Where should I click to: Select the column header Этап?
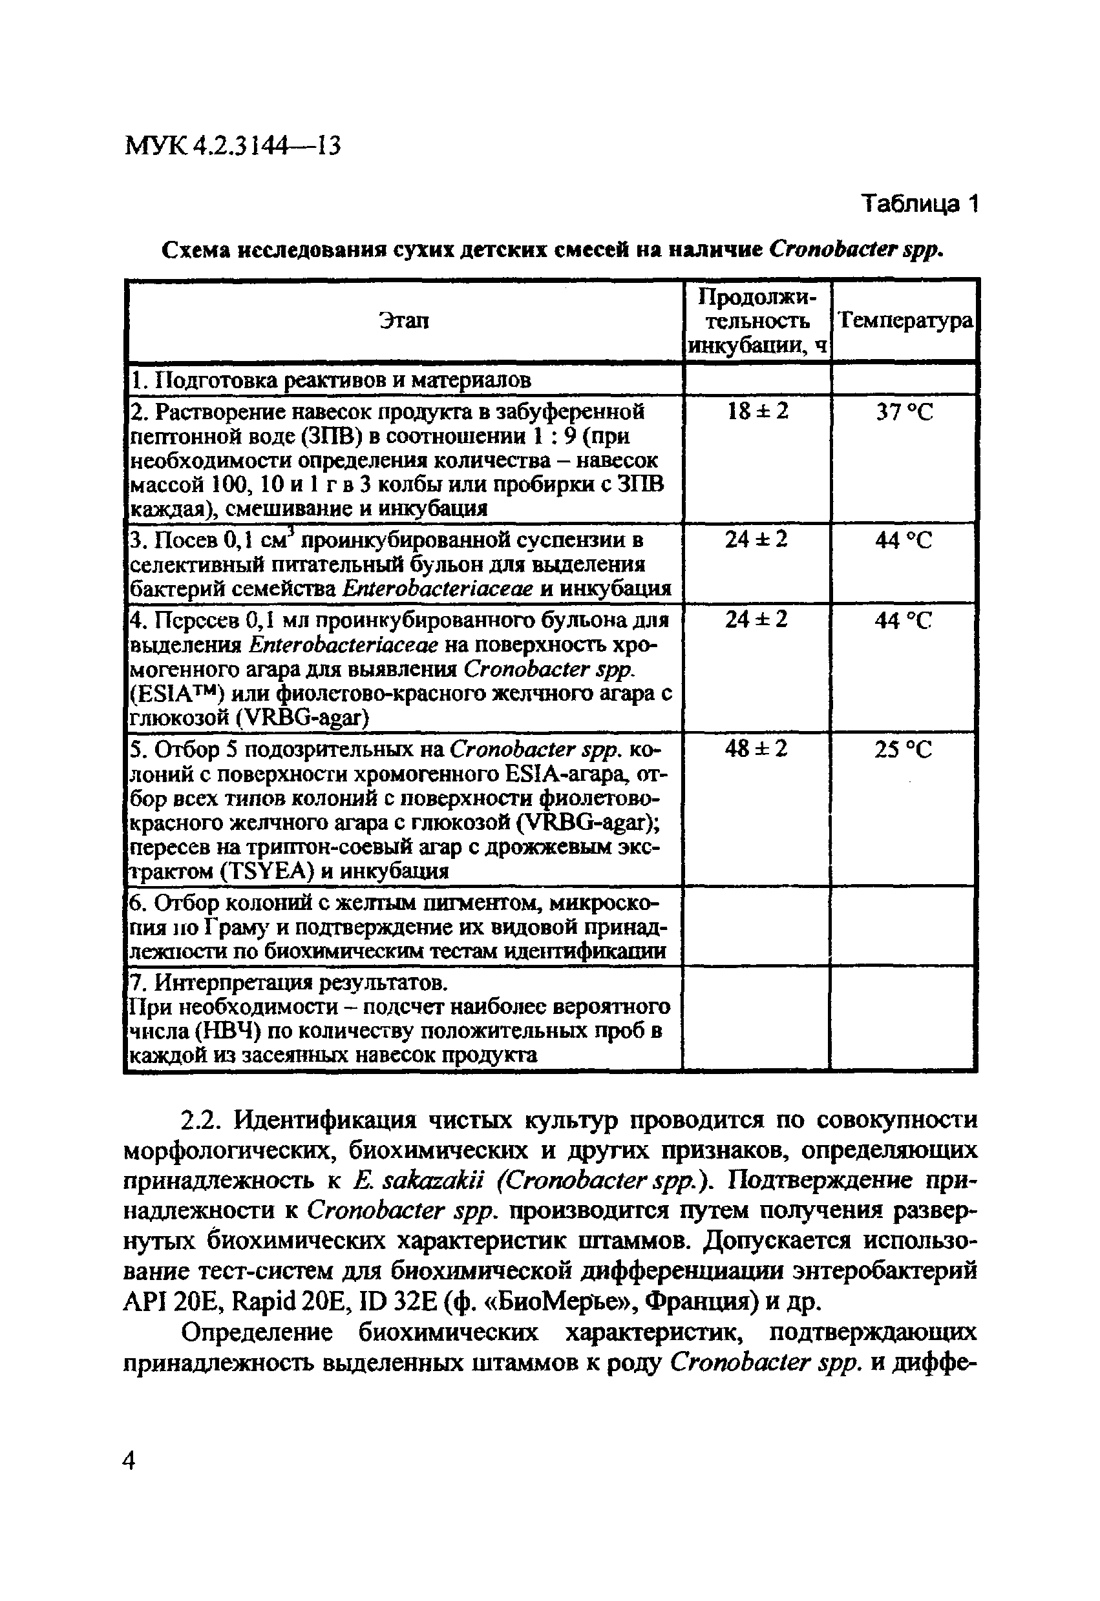tap(404, 320)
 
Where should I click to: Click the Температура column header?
tap(904, 320)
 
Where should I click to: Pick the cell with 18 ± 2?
tap(757, 412)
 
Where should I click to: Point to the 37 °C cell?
tap(904, 413)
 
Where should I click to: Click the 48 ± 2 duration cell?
tap(756, 749)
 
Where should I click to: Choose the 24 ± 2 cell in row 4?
tap(756, 620)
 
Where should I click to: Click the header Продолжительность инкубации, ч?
tap(757, 320)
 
